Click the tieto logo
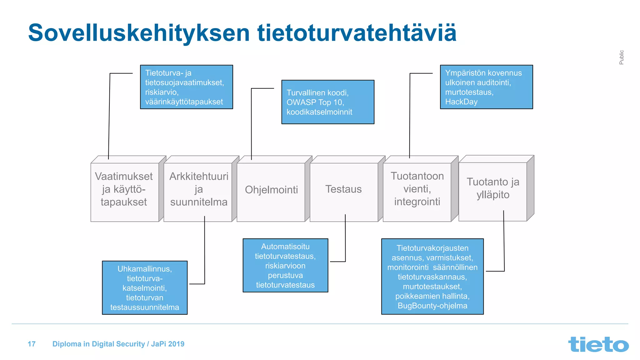tap(598, 344)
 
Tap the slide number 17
tap(32, 344)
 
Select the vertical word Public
tap(621, 57)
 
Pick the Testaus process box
tap(343, 189)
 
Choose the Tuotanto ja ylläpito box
tap(493, 188)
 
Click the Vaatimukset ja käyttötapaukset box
tap(124, 189)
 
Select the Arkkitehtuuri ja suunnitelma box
tap(199, 189)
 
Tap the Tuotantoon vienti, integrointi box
tap(417, 189)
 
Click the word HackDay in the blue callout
tap(461, 102)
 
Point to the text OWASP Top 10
tap(315, 102)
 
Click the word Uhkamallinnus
tap(144, 269)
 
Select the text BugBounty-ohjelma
tap(432, 306)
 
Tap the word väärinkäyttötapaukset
tap(184, 102)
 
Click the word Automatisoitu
tap(285, 247)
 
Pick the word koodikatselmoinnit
tap(319, 112)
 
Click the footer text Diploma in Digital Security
tap(99, 344)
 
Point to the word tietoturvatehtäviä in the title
tap(357, 33)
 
